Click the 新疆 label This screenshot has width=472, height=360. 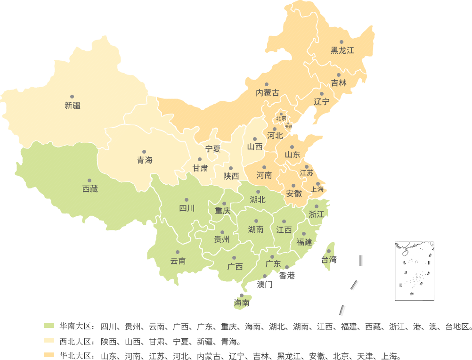(x=73, y=106)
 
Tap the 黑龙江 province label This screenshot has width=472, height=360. (x=342, y=50)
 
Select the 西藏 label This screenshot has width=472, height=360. (x=90, y=189)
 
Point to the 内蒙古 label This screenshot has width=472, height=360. (x=267, y=93)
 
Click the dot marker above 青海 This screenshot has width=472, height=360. (x=144, y=152)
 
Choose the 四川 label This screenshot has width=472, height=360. (x=187, y=208)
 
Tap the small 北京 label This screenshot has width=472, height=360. (x=281, y=118)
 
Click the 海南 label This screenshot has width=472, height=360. (x=242, y=303)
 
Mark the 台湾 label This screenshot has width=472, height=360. (x=329, y=260)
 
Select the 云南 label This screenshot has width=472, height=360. (x=178, y=261)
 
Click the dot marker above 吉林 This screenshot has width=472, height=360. (x=339, y=75)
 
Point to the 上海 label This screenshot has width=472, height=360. (x=317, y=189)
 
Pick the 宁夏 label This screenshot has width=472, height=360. (x=213, y=149)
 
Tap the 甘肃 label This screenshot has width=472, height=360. (x=200, y=168)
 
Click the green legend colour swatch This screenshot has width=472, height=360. (x=49, y=326)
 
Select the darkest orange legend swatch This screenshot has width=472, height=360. (x=49, y=355)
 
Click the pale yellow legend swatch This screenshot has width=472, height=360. (x=49, y=341)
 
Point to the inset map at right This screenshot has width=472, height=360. (x=414, y=271)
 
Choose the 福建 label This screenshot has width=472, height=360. (x=304, y=242)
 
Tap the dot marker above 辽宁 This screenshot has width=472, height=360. (x=322, y=94)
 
